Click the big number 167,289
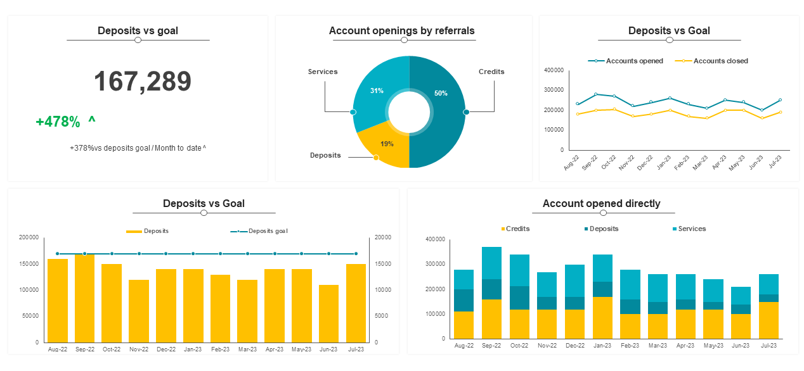[143, 82]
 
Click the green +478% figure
[58, 122]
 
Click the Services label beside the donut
[323, 72]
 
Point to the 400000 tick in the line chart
[554, 70]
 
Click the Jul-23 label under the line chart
[774, 162]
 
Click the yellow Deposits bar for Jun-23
[328, 313]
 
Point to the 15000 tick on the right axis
[382, 263]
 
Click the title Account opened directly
[601, 203]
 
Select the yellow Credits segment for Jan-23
[602, 318]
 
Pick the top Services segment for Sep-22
[491, 263]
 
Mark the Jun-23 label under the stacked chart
[740, 346]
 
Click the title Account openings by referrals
[401, 30]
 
